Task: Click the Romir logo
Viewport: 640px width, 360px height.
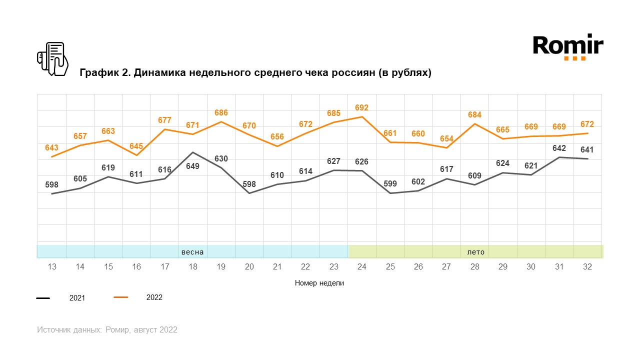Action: click(568, 47)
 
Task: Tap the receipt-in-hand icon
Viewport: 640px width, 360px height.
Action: click(52, 59)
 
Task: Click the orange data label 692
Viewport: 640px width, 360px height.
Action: click(361, 107)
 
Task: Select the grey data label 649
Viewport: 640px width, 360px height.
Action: click(192, 166)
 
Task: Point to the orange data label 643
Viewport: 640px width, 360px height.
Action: click(51, 148)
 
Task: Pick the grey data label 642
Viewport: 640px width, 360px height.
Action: click(559, 148)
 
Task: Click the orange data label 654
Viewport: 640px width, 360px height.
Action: click(446, 138)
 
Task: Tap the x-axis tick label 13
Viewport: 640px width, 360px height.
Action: click(52, 267)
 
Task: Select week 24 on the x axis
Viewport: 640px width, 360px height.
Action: click(361, 267)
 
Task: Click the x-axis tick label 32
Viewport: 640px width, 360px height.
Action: click(587, 267)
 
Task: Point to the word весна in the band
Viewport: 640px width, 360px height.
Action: click(192, 252)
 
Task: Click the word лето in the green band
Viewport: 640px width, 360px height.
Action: click(475, 252)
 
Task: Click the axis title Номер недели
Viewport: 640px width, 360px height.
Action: click(319, 283)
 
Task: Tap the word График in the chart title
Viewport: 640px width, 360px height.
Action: click(99, 73)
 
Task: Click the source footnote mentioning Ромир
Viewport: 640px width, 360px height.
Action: click(107, 330)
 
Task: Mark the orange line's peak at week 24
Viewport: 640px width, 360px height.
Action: click(361, 117)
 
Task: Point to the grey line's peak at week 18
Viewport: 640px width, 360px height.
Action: click(192, 152)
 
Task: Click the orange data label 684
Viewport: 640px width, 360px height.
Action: click(474, 115)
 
